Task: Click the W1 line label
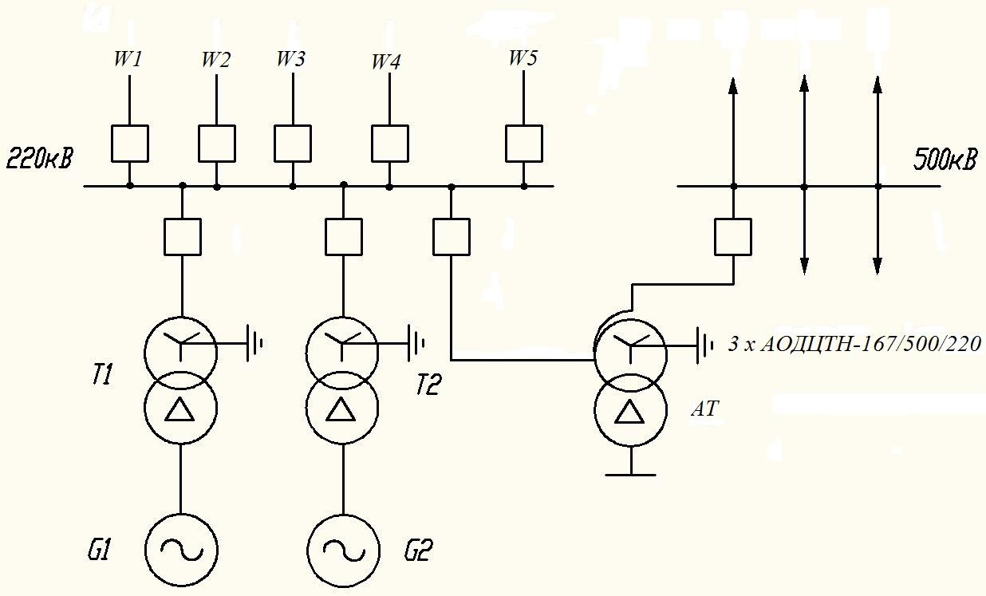coord(128,59)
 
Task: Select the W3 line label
coord(290,58)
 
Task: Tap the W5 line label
coord(523,58)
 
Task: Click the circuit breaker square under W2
coord(216,144)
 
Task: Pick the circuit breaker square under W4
coord(389,144)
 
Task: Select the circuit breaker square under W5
coord(524,144)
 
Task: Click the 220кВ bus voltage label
coord(40,159)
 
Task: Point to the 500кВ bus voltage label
coord(945,160)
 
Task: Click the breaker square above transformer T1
coord(183,237)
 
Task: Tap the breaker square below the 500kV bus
coord(733,237)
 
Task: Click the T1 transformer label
coord(102,375)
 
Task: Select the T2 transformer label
coord(428,385)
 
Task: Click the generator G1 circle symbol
coord(181,513)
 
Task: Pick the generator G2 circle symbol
coord(343,515)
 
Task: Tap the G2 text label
coord(419,551)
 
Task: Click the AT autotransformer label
coord(705,409)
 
